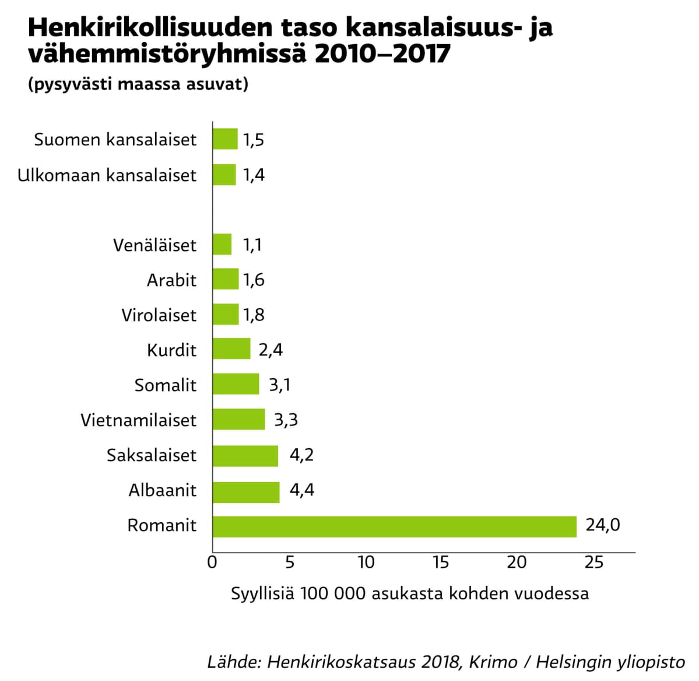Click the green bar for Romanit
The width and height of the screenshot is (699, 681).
coord(394,526)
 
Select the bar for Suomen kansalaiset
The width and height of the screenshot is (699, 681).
coord(225,139)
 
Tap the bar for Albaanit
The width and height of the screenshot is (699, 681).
coord(246,491)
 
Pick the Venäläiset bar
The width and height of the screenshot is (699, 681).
coord(222,245)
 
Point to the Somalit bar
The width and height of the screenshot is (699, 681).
coord(236,385)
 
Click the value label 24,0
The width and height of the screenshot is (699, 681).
coord(603,525)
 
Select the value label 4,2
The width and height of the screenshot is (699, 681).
coord(301,455)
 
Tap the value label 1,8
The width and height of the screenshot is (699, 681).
coord(254,315)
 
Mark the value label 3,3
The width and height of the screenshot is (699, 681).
coord(286,420)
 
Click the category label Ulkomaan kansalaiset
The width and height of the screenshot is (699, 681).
coord(107,175)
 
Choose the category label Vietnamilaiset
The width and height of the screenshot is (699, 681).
coord(138,420)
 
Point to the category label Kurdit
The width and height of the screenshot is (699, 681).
coord(171,350)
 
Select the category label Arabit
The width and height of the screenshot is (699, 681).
coord(171,280)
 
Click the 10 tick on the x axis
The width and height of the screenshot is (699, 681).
coord(366,563)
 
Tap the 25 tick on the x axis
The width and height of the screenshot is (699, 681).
coord(593,563)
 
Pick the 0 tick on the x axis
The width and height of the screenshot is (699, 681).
coord(212,563)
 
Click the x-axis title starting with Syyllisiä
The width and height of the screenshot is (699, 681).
coord(410,593)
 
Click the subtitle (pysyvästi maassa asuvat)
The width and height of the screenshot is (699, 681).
coord(138,84)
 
